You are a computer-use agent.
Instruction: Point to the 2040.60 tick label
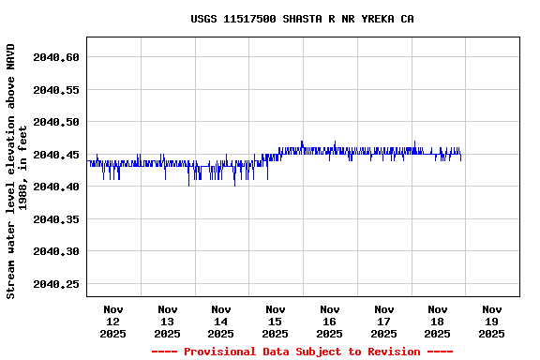pos(56,57)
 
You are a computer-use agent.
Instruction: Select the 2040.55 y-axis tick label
pos(56,90)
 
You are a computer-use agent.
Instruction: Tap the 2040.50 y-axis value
pos(56,122)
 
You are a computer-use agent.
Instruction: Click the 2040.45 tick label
pos(56,155)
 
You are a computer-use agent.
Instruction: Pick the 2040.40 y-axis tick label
pos(56,187)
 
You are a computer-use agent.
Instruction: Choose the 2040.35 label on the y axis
pos(56,219)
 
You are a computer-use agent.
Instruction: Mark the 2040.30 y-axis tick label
pos(56,251)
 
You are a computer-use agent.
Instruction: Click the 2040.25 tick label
pos(56,284)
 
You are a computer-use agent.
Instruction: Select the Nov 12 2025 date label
pos(113,321)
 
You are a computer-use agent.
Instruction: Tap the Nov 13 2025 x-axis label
pos(168,321)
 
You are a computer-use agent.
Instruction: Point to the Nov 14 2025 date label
pos(221,321)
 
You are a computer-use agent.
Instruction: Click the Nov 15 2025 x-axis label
pos(276,321)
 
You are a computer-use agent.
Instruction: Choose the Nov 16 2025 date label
pos(329,321)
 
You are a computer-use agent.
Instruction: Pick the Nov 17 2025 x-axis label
pos(383,321)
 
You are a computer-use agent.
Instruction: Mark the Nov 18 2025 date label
pos(437,321)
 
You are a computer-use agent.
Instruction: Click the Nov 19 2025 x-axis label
pos(491,321)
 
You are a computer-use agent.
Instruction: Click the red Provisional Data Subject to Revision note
pos(302,352)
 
